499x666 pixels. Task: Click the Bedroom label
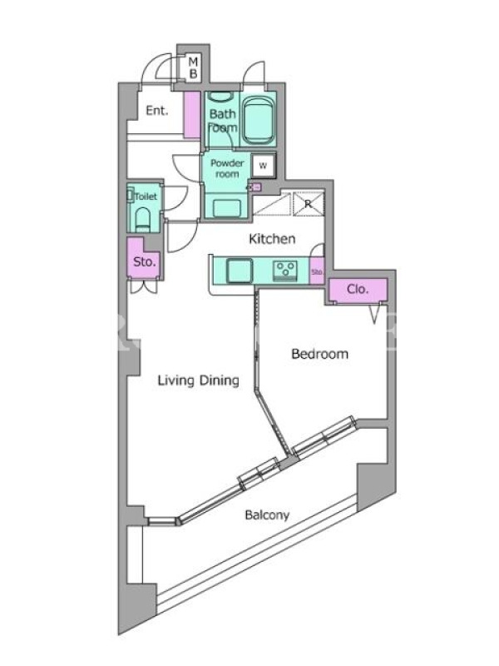tap(319, 353)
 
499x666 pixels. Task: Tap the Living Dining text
tap(198, 380)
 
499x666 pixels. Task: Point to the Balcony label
tap(267, 515)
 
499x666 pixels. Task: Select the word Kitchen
tap(272, 239)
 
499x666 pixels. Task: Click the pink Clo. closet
tap(358, 290)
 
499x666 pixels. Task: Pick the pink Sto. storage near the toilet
tap(143, 259)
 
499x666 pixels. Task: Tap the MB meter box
tap(193, 68)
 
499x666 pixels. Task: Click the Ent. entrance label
tap(157, 111)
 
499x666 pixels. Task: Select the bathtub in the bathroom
tap(259, 120)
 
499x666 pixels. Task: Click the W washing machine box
tap(264, 165)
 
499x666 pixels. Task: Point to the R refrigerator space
tap(309, 204)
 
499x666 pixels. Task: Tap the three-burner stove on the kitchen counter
tap(285, 271)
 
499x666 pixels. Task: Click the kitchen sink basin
tap(240, 270)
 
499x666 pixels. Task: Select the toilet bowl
tap(142, 219)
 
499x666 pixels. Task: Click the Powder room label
tap(227, 168)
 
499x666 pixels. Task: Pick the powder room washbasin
tap(226, 208)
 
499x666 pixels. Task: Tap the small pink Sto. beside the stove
tap(318, 271)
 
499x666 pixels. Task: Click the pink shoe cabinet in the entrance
tap(192, 114)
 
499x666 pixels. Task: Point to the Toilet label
tap(146, 196)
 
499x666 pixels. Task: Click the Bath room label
tap(223, 121)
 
